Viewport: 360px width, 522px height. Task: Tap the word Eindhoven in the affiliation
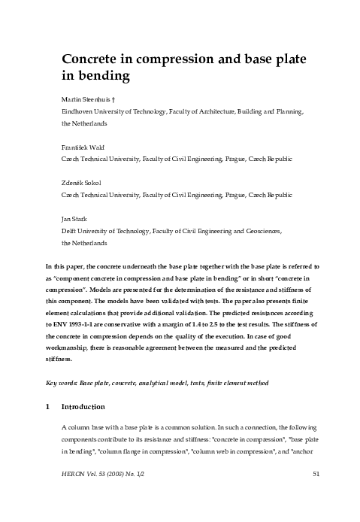pos(79,111)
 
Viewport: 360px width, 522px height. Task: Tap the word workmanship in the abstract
pos(69,347)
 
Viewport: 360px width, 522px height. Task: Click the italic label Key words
pos(61,383)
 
